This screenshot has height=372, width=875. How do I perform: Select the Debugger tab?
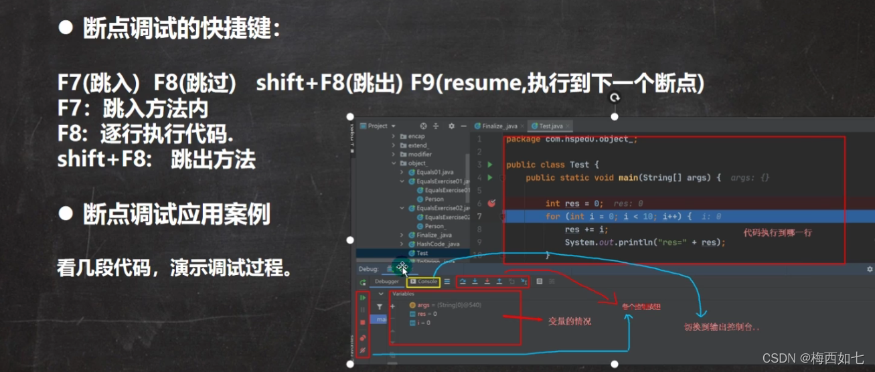(x=386, y=282)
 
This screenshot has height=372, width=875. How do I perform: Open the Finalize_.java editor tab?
(x=497, y=126)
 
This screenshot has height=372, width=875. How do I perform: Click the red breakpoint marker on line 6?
(x=491, y=203)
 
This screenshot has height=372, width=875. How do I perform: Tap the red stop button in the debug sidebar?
(x=363, y=322)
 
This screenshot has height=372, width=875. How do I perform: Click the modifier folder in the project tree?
(x=420, y=154)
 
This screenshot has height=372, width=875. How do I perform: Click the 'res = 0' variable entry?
(x=424, y=314)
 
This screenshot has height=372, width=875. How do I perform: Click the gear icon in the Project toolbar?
(x=451, y=126)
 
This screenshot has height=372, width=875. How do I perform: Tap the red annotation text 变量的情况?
(x=570, y=321)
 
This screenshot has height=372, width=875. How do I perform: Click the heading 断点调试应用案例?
(x=176, y=215)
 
